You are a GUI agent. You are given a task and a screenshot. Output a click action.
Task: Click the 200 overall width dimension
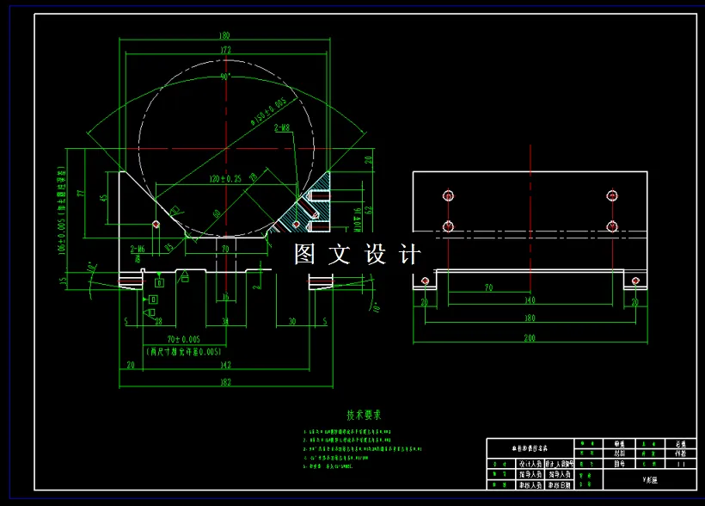(530, 338)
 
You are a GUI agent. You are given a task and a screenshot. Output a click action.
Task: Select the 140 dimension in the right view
(530, 301)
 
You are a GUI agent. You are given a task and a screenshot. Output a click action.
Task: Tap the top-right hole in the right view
(611, 195)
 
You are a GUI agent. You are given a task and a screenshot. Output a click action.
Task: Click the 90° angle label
(225, 77)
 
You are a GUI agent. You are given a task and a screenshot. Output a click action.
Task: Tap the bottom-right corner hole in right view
(635, 281)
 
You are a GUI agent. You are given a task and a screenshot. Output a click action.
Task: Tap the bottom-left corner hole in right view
(424, 281)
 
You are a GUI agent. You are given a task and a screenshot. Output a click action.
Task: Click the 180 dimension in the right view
(530, 316)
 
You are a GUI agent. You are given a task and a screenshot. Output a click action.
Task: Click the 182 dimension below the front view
(225, 381)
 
